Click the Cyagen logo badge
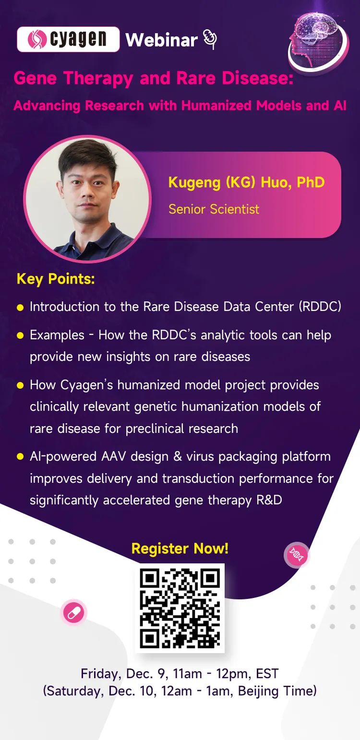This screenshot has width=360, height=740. pos(68,39)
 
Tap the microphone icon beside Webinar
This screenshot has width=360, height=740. pos(210,39)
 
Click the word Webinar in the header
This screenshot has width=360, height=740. pos(161,40)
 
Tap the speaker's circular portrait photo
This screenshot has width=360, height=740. pos(87,199)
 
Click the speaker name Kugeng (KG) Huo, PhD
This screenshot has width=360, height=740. pos(247,183)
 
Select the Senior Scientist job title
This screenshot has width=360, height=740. pos(214,209)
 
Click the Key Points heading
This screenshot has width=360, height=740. pos(56,279)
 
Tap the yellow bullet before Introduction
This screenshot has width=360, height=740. pos(20,308)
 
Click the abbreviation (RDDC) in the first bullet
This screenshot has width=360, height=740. pos(320,307)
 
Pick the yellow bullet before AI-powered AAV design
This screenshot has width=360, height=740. pos(20,456)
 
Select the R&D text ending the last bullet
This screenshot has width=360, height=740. pos(269,500)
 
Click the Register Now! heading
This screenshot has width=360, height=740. pos(180,549)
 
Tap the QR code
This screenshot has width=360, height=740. pos(180,608)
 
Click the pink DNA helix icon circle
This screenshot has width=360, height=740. pos(297,555)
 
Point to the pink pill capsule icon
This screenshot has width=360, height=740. pos(73,612)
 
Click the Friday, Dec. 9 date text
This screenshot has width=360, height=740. pos(122,673)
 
